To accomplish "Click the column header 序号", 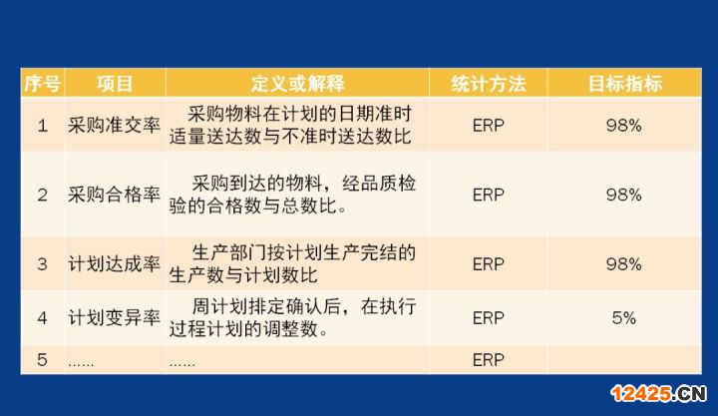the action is click(x=42, y=84).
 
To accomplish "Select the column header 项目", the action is click(x=115, y=84).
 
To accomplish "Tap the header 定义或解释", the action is click(x=297, y=84).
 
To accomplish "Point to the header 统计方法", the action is click(x=488, y=84).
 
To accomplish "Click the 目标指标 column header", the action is click(x=624, y=84).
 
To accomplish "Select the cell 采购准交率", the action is click(x=114, y=125).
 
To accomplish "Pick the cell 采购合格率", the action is click(x=114, y=195).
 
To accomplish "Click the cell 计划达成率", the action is click(x=114, y=264).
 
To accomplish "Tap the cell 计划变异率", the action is click(x=114, y=317).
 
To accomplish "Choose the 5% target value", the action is click(x=623, y=318).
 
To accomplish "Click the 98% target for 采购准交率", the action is click(x=623, y=125).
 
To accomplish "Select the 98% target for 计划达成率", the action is click(x=623, y=264).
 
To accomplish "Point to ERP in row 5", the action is click(x=488, y=360).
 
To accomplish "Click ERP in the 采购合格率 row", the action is click(x=488, y=195).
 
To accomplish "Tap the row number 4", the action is click(x=42, y=318).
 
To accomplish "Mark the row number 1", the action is click(x=42, y=125).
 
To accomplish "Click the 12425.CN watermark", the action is click(x=658, y=393).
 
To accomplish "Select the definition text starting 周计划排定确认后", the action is click(x=292, y=317).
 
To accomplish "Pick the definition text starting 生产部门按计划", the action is click(x=292, y=264).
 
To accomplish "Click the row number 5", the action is click(x=42, y=360).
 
